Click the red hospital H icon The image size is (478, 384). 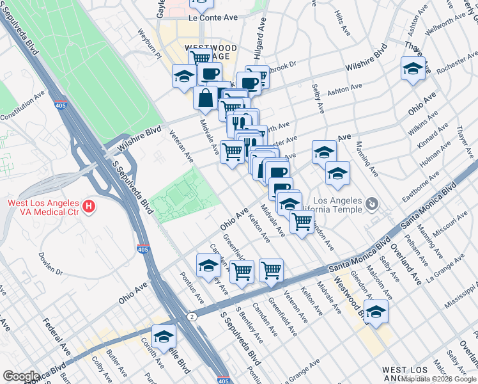click(x=89, y=207)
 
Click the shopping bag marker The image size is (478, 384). click(x=206, y=99)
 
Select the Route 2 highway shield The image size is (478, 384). click(x=192, y=316)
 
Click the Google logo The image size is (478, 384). click(x=20, y=376)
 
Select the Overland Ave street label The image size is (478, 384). click(x=407, y=264)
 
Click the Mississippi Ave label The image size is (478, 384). click(x=461, y=296)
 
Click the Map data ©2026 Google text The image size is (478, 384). click(x=438, y=379)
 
